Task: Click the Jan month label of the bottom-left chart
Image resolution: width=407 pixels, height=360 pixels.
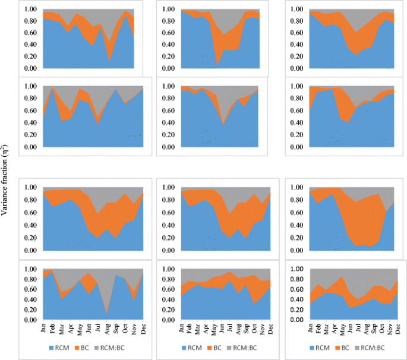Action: tap(43, 329)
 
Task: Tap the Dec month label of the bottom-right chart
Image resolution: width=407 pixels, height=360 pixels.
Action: tap(397, 329)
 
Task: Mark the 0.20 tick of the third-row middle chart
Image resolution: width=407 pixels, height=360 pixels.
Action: tap(166, 238)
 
